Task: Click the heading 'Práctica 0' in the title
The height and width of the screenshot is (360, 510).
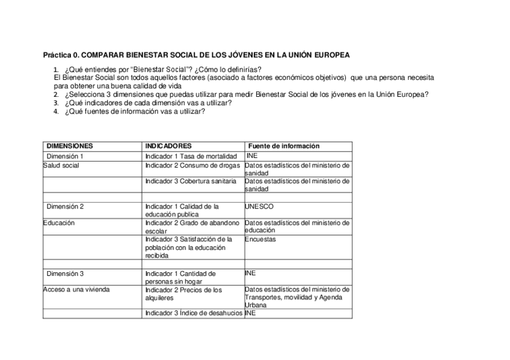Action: [61, 55]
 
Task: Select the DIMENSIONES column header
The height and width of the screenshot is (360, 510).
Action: [70, 146]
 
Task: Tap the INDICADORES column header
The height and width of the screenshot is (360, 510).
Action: [168, 146]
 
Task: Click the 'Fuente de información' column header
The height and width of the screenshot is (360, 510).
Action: [283, 146]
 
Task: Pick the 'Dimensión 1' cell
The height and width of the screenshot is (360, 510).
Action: [65, 156]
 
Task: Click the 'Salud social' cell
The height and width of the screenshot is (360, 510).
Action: [61, 165]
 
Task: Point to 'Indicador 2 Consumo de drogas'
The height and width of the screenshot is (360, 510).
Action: [192, 165]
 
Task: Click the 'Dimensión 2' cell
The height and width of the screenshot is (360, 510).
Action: [65, 206]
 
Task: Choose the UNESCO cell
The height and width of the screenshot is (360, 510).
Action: [259, 206]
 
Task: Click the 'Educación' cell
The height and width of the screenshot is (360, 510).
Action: [59, 222]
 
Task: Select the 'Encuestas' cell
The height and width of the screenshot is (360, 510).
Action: [260, 239]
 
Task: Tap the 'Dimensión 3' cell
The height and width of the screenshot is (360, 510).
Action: [65, 273]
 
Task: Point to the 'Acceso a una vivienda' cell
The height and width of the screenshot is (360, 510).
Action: [76, 290]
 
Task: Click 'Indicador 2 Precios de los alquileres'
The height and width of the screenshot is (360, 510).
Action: [183, 293]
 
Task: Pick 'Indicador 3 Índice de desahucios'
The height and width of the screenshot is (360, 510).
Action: [194, 313]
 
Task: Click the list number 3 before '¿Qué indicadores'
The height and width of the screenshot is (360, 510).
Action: [55, 103]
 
